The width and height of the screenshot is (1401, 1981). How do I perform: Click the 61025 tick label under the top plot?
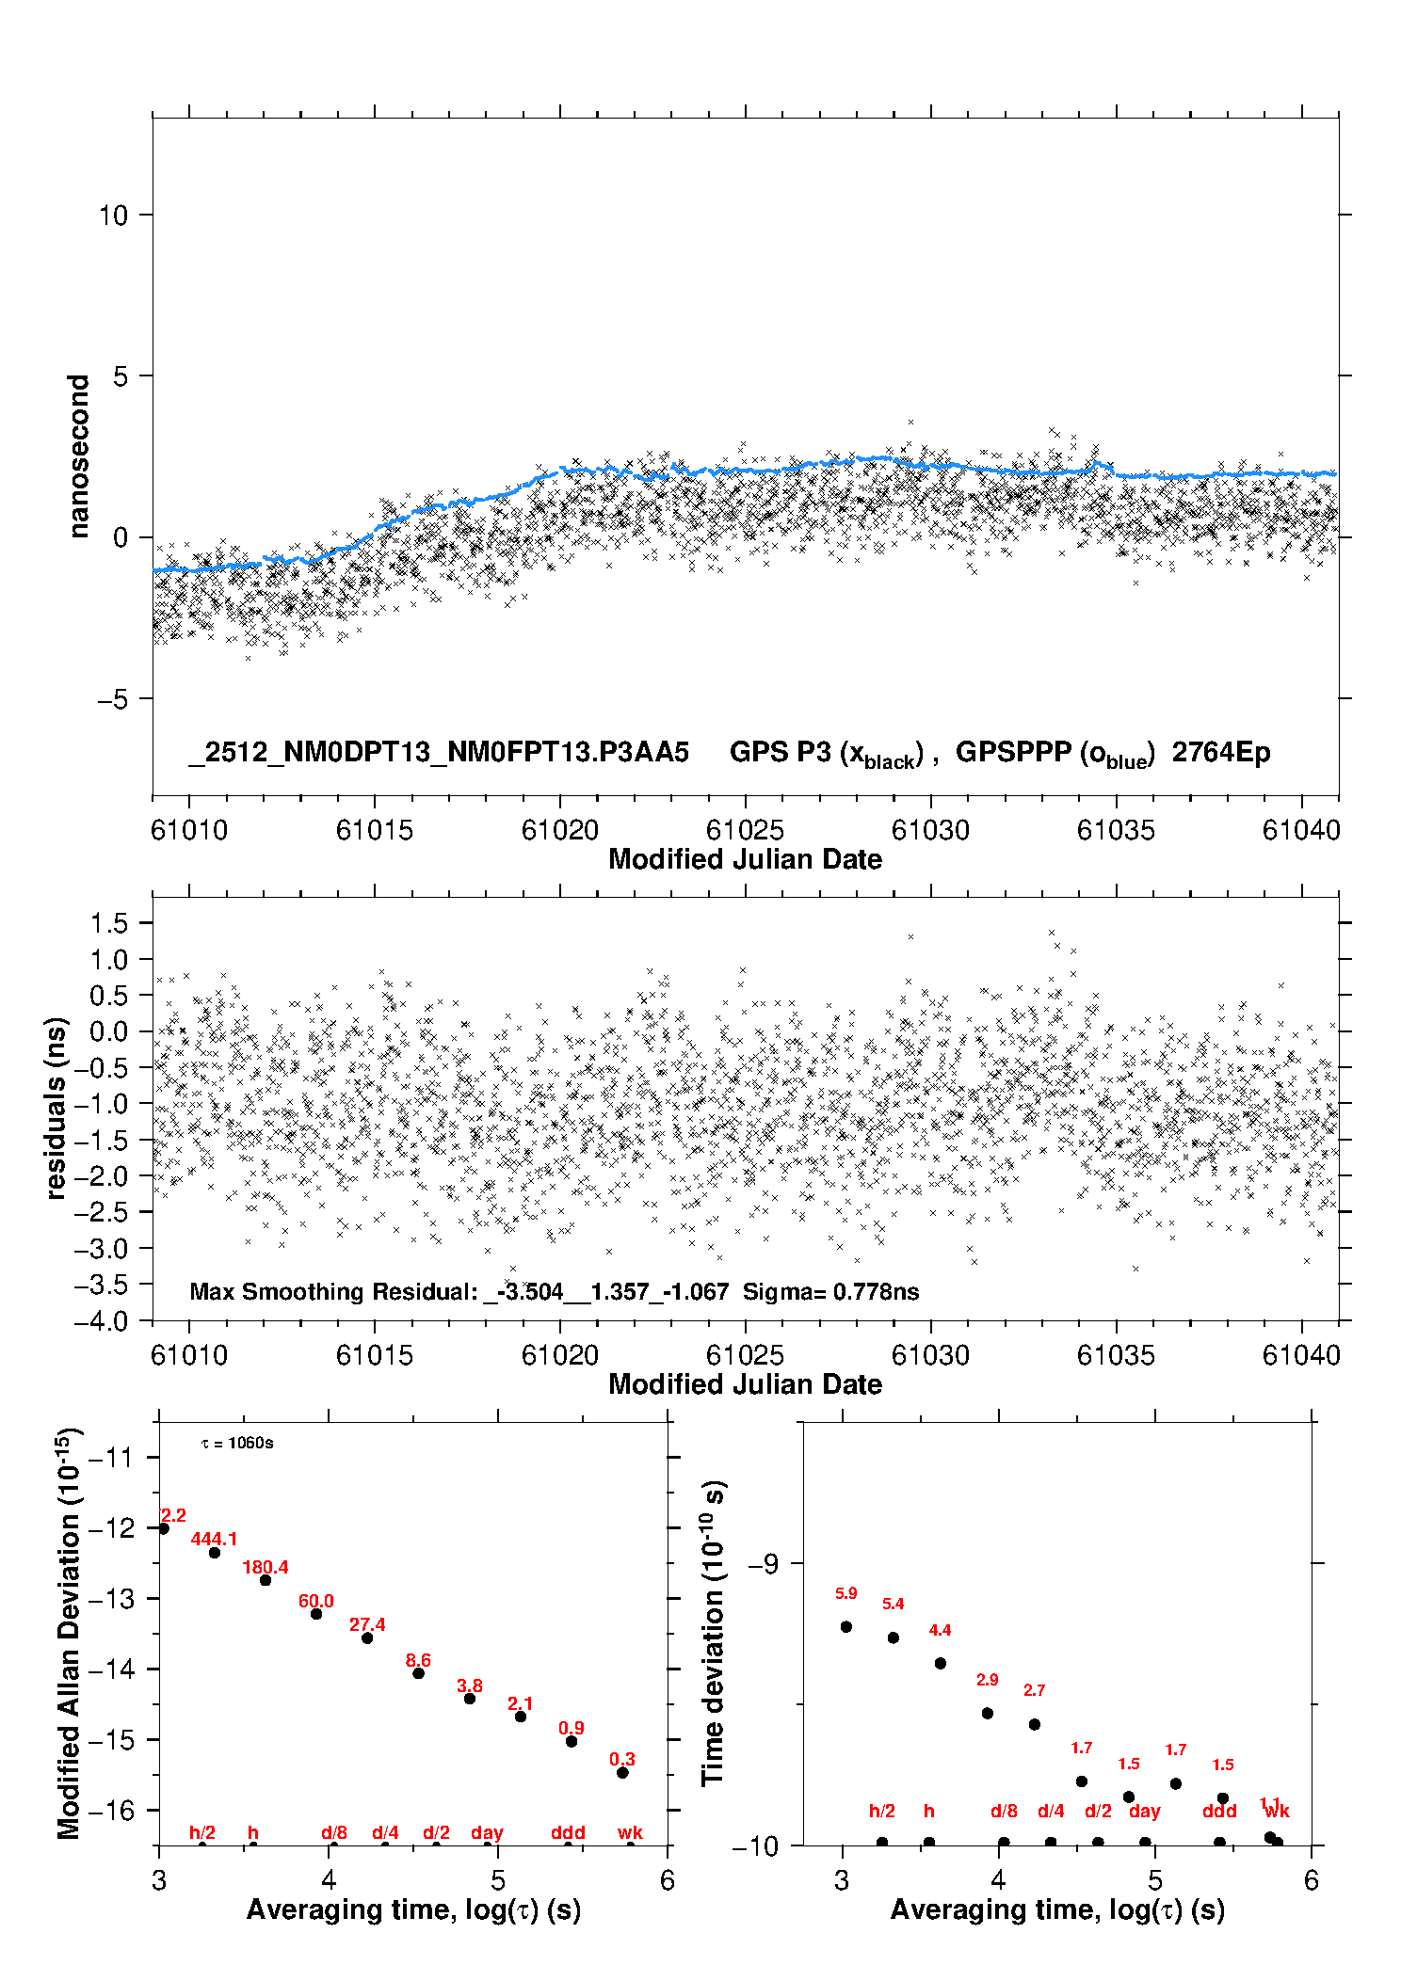745,830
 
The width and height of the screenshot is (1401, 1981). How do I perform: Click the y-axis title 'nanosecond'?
78,456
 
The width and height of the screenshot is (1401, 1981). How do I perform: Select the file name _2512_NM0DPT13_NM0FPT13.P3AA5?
439,752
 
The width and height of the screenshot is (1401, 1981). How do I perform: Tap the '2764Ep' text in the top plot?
1220,752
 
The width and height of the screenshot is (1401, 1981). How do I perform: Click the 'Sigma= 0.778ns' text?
830,1291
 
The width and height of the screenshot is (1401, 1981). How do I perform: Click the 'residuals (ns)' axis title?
56,1109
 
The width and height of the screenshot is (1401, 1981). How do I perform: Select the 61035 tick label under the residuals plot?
1116,1355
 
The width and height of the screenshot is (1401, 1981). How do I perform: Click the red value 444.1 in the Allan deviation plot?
214,1539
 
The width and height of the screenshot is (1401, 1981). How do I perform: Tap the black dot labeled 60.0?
316,1614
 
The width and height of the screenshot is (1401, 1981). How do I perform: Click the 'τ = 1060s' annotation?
237,1444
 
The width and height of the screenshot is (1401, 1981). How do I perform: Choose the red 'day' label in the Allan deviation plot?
487,1832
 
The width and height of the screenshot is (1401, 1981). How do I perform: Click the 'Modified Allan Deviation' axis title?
69,1633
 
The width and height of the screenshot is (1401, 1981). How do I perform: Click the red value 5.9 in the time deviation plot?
845,1593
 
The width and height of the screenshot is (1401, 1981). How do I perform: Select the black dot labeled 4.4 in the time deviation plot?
940,1663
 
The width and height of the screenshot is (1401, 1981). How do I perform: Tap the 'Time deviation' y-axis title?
713,1633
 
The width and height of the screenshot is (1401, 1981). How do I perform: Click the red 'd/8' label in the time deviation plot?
1004,1811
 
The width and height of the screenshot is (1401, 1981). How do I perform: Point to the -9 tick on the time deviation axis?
764,1563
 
